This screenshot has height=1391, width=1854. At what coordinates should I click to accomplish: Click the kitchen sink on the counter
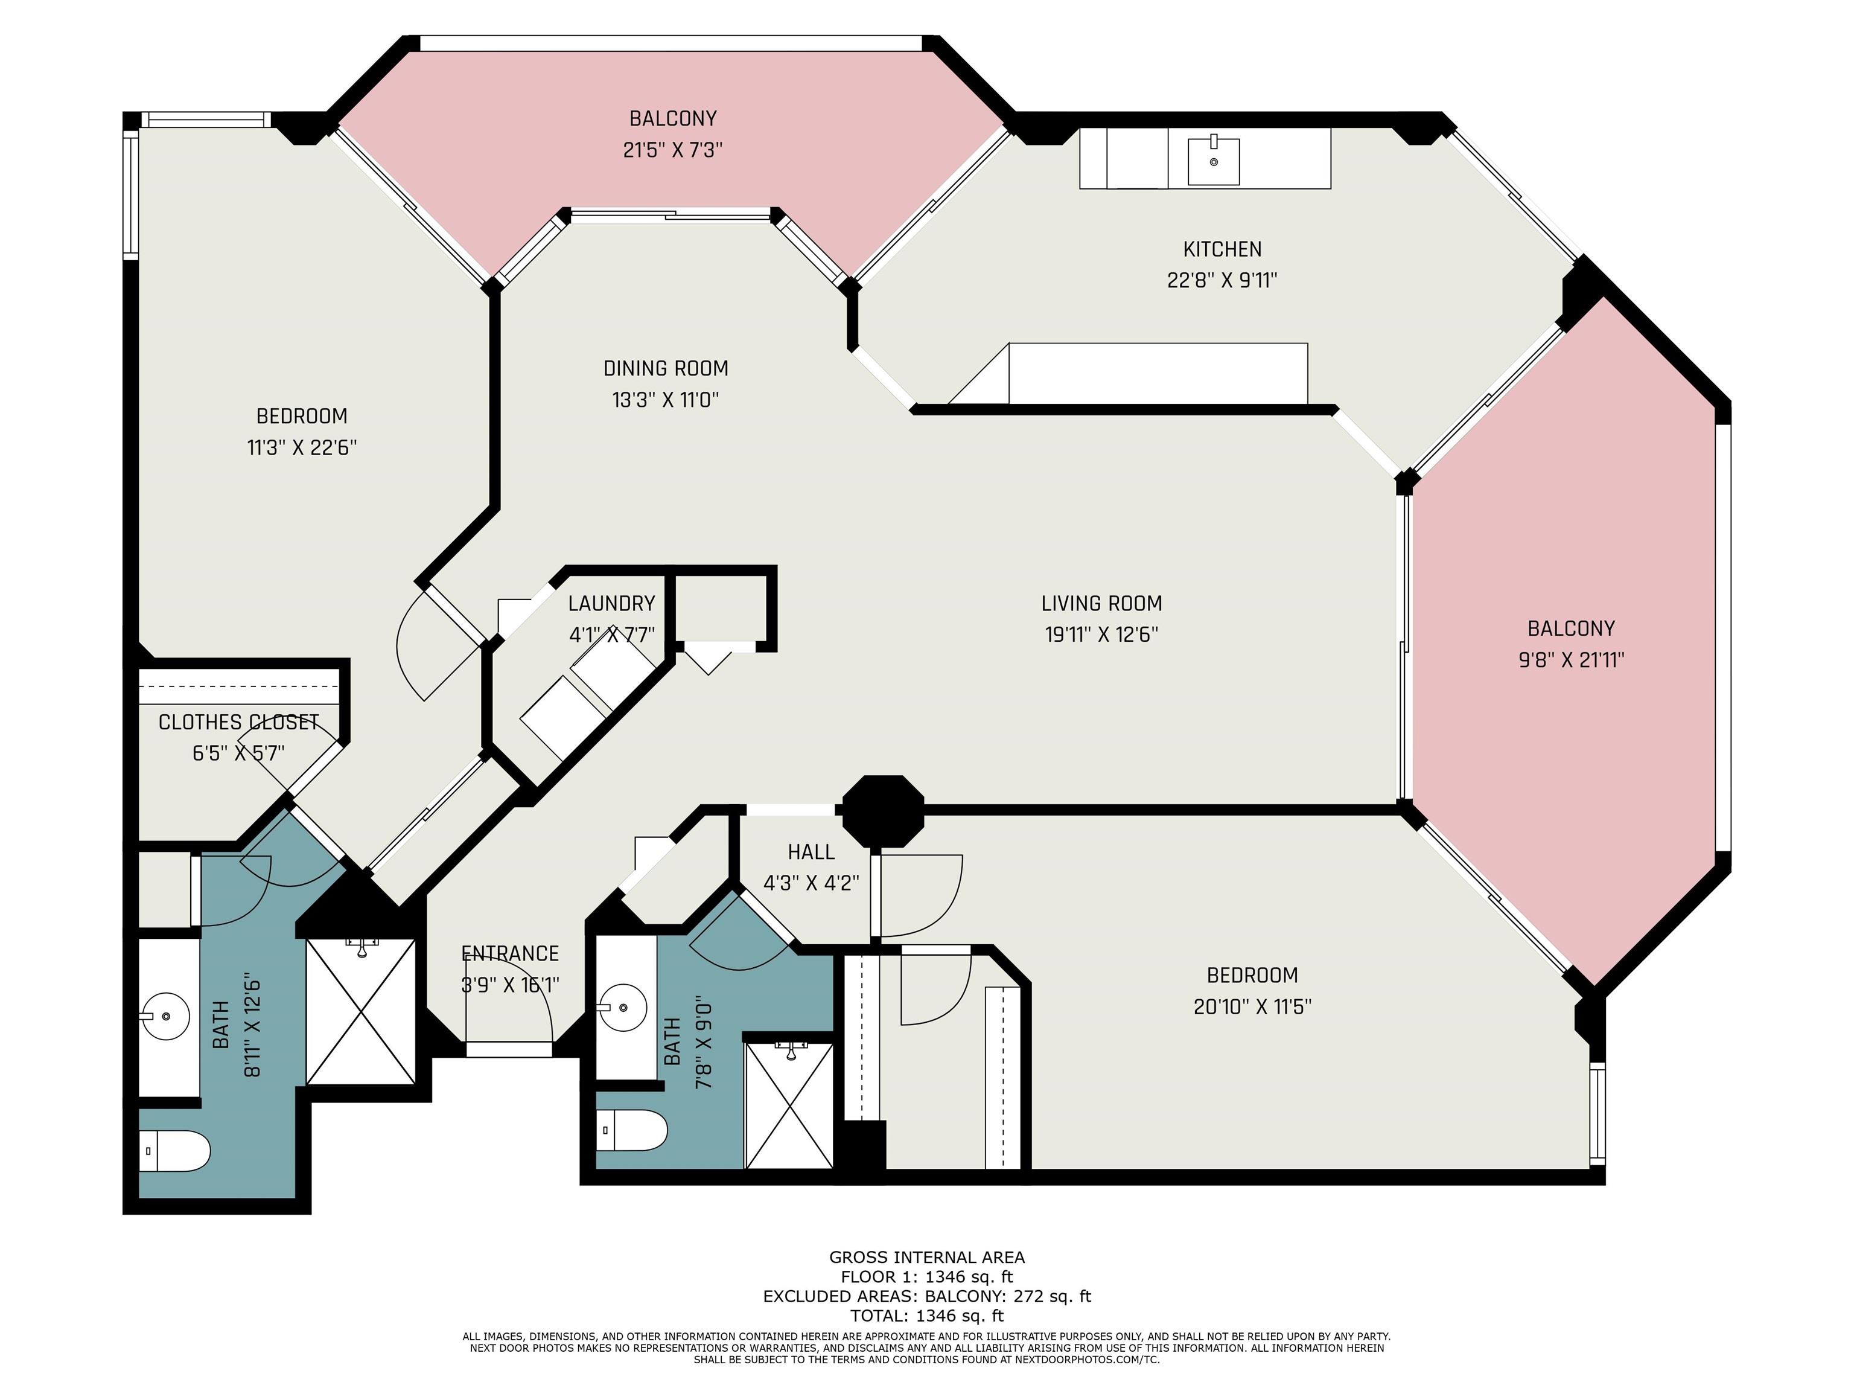tap(1213, 160)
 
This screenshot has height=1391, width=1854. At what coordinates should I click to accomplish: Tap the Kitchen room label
tap(1222, 249)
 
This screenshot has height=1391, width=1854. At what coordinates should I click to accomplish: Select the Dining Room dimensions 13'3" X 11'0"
tap(666, 399)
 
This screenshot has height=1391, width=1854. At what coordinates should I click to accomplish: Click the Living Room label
tap(1101, 603)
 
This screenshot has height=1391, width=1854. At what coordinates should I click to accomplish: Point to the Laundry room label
tap(611, 603)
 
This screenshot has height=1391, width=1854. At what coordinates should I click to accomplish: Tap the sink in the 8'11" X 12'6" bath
tap(165, 1016)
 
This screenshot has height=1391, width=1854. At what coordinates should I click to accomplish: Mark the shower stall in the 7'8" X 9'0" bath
tap(789, 1104)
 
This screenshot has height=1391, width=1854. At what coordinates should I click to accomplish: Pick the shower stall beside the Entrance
tap(360, 1012)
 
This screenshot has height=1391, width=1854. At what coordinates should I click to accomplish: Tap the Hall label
tap(811, 852)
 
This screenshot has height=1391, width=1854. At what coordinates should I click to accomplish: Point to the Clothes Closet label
tap(239, 722)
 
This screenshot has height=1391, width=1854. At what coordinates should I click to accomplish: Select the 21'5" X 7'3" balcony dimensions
tap(672, 150)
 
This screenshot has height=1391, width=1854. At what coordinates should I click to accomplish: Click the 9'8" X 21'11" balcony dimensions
tap(1571, 660)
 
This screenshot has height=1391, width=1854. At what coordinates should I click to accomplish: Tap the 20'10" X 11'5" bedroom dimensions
tap(1252, 1006)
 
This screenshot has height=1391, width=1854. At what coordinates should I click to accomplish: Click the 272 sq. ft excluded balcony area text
tap(1053, 1296)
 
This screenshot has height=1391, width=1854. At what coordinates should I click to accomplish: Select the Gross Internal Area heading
tap(927, 1257)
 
